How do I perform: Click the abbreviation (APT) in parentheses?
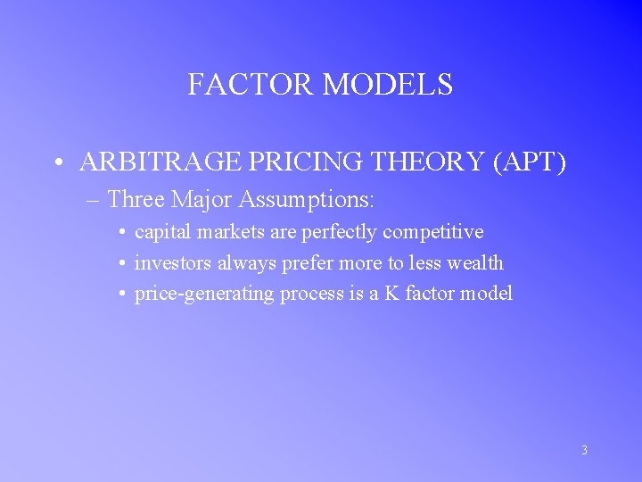(x=531, y=162)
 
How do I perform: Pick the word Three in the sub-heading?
(x=136, y=198)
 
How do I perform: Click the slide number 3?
(x=584, y=451)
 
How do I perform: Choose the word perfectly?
(x=342, y=232)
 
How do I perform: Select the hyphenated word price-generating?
(x=204, y=294)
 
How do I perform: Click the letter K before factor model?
(x=391, y=294)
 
